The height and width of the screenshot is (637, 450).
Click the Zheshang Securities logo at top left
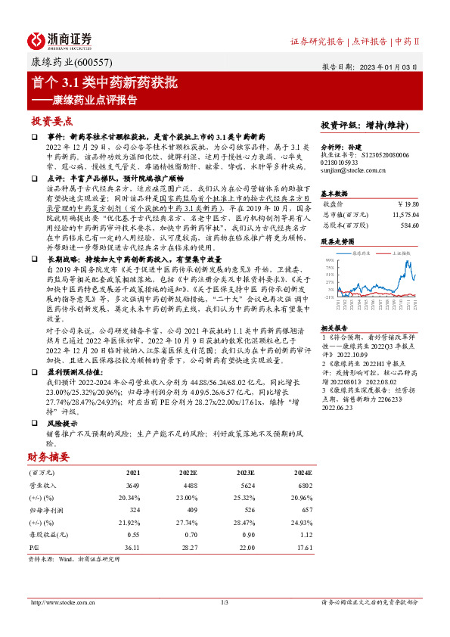(60, 40)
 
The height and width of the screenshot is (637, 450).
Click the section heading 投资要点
(51, 121)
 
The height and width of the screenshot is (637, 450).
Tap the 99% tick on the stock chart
(330, 259)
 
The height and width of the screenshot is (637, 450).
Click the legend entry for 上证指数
(402, 253)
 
